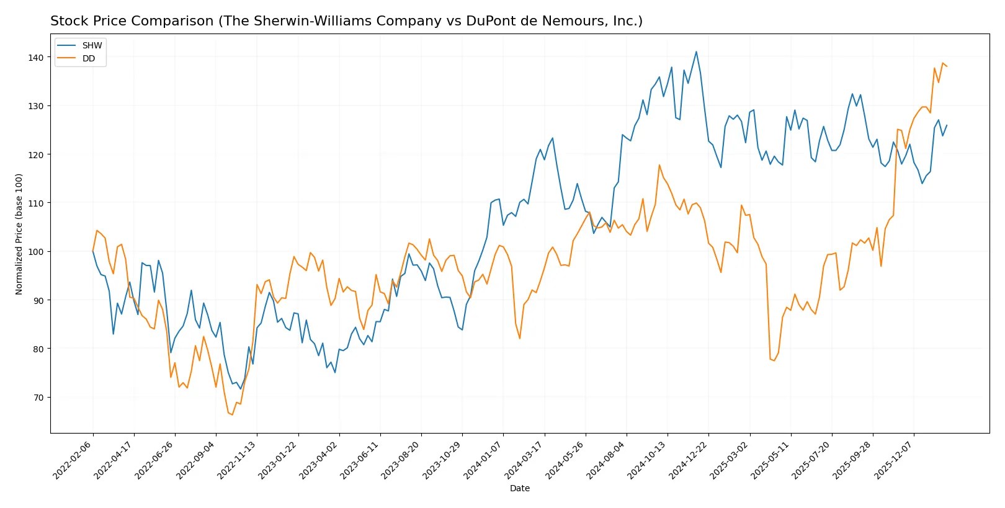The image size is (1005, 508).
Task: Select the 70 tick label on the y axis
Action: pos(38,398)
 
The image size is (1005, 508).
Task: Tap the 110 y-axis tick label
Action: pos(36,203)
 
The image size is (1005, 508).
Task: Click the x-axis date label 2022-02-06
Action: pos(73,460)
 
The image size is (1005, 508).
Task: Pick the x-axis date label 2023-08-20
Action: pos(401,460)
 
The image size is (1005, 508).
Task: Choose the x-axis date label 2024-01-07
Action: pos(483,460)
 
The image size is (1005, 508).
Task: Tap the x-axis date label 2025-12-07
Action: pos(894,460)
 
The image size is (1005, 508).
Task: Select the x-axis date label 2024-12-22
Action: pos(689,460)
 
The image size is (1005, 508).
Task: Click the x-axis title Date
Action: pos(519,488)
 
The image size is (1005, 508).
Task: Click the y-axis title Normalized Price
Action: pos(19,234)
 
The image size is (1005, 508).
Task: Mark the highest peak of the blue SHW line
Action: pos(696,52)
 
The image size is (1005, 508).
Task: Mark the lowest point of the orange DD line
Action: pos(232,415)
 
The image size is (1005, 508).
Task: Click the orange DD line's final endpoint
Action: pos(947,66)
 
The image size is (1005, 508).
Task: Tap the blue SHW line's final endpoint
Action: pos(947,125)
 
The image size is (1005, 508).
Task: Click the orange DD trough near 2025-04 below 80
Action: pos(774,360)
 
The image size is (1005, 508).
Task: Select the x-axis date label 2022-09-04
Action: pos(196,460)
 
